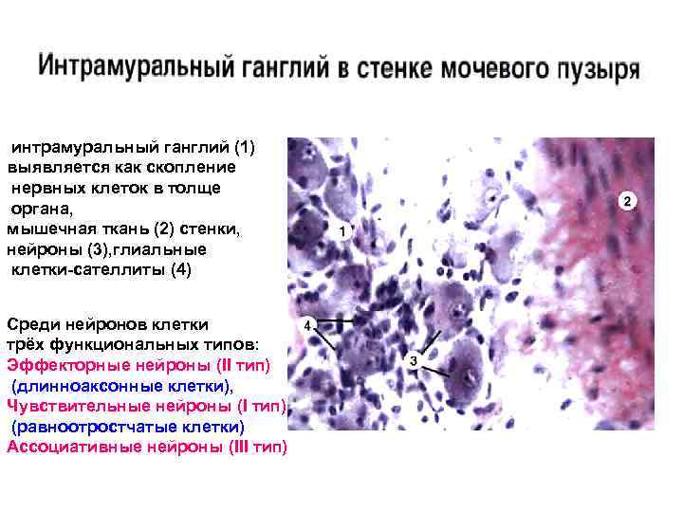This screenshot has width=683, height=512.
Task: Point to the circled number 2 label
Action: coord(626,201)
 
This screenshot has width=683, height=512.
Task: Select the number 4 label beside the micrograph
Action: coord(307,324)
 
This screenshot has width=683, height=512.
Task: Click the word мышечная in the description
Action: coord(46,229)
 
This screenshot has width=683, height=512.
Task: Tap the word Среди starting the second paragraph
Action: coord(32,324)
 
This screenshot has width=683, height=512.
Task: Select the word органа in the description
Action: coord(37,208)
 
